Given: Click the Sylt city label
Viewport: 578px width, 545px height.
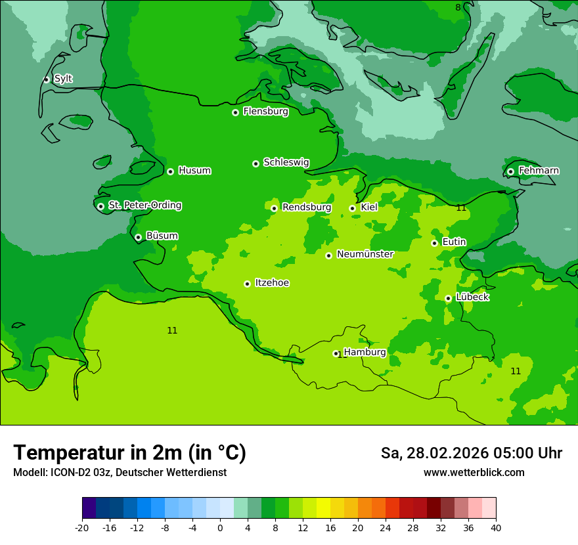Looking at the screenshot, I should [x=63, y=79].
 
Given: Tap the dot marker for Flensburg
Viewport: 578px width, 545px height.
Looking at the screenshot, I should [x=235, y=112].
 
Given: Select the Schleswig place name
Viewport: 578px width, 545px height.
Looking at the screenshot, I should [x=286, y=162].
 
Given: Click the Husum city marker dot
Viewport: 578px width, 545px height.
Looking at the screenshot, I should [x=170, y=171].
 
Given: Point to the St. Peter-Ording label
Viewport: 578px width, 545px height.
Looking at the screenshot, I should [x=144, y=206].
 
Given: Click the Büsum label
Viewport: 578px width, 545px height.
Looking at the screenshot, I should [x=162, y=236].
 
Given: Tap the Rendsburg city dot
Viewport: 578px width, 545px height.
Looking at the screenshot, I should [x=274, y=208].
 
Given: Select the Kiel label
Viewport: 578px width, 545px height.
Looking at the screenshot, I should [x=369, y=207].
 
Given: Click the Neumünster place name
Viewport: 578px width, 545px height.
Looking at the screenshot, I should [x=365, y=254].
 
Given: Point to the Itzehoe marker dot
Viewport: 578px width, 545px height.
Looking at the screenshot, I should [x=247, y=284].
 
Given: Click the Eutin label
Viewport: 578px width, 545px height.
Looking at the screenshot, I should [x=454, y=242].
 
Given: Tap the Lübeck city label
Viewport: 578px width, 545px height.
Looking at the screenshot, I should [x=472, y=297].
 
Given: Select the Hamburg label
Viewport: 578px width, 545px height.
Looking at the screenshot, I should [x=365, y=352].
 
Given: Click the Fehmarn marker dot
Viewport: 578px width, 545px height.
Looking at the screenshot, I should [x=510, y=171].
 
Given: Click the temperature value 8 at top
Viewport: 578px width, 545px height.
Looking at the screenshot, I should [x=458, y=7].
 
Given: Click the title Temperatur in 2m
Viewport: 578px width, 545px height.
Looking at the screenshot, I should [x=129, y=453].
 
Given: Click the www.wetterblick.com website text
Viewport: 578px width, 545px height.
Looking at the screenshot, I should [x=474, y=473].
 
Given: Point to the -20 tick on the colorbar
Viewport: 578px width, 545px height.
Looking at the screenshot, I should [x=82, y=528].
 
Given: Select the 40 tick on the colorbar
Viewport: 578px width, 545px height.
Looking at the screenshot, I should [x=496, y=528].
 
